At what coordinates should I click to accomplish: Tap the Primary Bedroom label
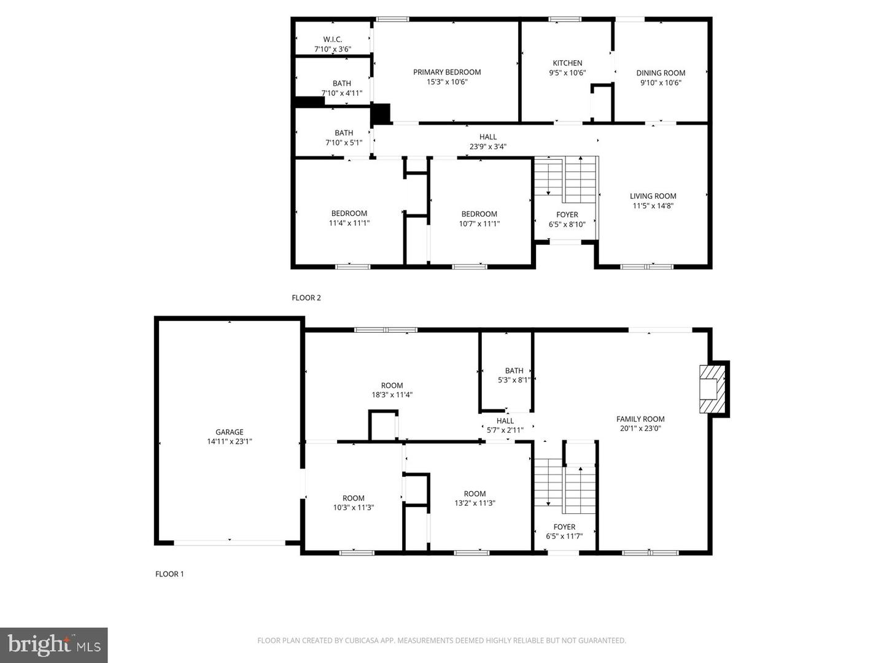[x=447, y=72]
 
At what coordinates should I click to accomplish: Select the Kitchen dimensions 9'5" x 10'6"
[x=567, y=73]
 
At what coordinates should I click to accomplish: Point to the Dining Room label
[x=661, y=73]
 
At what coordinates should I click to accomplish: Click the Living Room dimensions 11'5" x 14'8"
[x=653, y=206]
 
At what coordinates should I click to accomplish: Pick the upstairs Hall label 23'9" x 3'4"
[x=487, y=142]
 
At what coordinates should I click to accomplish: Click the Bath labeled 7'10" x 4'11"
[x=341, y=88]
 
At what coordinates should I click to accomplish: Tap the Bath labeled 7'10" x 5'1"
[x=344, y=138]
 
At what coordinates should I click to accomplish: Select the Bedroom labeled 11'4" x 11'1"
[x=349, y=218]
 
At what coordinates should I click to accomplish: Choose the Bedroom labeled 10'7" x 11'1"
[x=479, y=219]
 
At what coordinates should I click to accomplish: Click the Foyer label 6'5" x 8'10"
[x=567, y=219]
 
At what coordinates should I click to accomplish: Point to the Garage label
[x=229, y=432]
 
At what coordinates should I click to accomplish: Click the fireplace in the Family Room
[x=712, y=389]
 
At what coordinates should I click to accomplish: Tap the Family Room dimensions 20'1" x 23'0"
[x=640, y=428]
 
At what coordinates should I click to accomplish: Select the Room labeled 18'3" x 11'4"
[x=392, y=390]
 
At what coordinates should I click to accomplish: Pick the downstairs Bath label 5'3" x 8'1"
[x=514, y=375]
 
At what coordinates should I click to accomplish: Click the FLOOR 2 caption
[x=306, y=298]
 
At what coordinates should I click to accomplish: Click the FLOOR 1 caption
[x=169, y=574]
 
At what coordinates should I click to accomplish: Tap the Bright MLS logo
[x=53, y=645]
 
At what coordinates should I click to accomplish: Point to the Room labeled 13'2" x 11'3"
[x=475, y=498]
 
